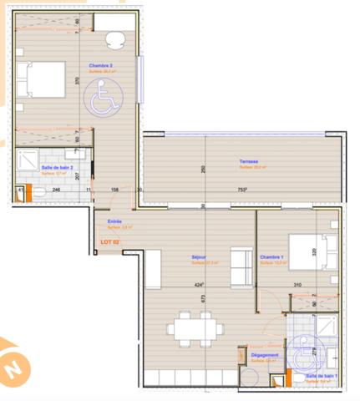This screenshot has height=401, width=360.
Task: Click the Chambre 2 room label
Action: [101, 64]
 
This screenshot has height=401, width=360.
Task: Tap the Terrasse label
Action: [247, 161]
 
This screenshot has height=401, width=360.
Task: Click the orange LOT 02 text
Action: [110, 241]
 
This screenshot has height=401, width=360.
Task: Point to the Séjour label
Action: [198, 257]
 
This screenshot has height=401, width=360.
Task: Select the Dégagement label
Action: [265, 355]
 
